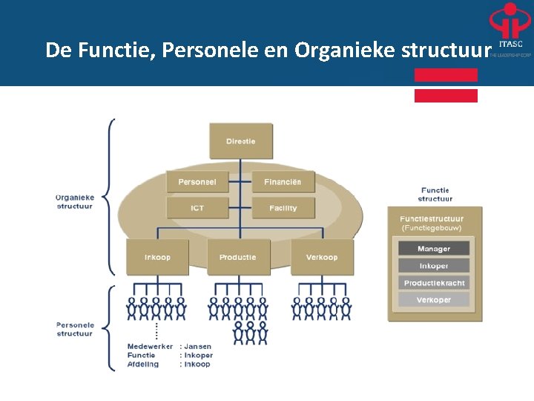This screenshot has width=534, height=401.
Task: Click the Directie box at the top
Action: coord(241,141)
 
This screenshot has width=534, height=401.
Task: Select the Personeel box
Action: coord(197,182)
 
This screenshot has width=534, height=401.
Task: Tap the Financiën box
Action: coord(283,182)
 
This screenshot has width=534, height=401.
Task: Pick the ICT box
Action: coord(197,208)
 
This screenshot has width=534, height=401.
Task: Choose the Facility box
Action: coord(283,208)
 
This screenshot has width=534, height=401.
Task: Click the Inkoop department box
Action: coord(157,257)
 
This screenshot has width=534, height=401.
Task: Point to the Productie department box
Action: coord(238,257)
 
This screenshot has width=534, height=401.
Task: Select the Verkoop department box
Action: coord(322,257)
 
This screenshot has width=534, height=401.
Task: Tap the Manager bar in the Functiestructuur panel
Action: coord(434,249)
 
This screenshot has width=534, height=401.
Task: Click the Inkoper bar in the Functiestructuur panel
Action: coord(434,265)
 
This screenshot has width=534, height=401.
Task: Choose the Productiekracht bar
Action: coord(434,283)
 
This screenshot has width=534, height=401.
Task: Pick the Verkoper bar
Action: coord(434,300)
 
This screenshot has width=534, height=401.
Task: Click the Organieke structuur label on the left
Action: coord(75,201)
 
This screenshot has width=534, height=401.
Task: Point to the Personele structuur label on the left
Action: coord(75,329)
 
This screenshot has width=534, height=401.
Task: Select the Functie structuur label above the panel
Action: coord(435,195)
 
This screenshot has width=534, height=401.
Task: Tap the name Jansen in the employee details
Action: coord(198,347)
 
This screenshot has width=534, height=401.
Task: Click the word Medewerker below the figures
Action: coord(150,347)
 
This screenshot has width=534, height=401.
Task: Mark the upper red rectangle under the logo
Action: coord(446,75)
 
